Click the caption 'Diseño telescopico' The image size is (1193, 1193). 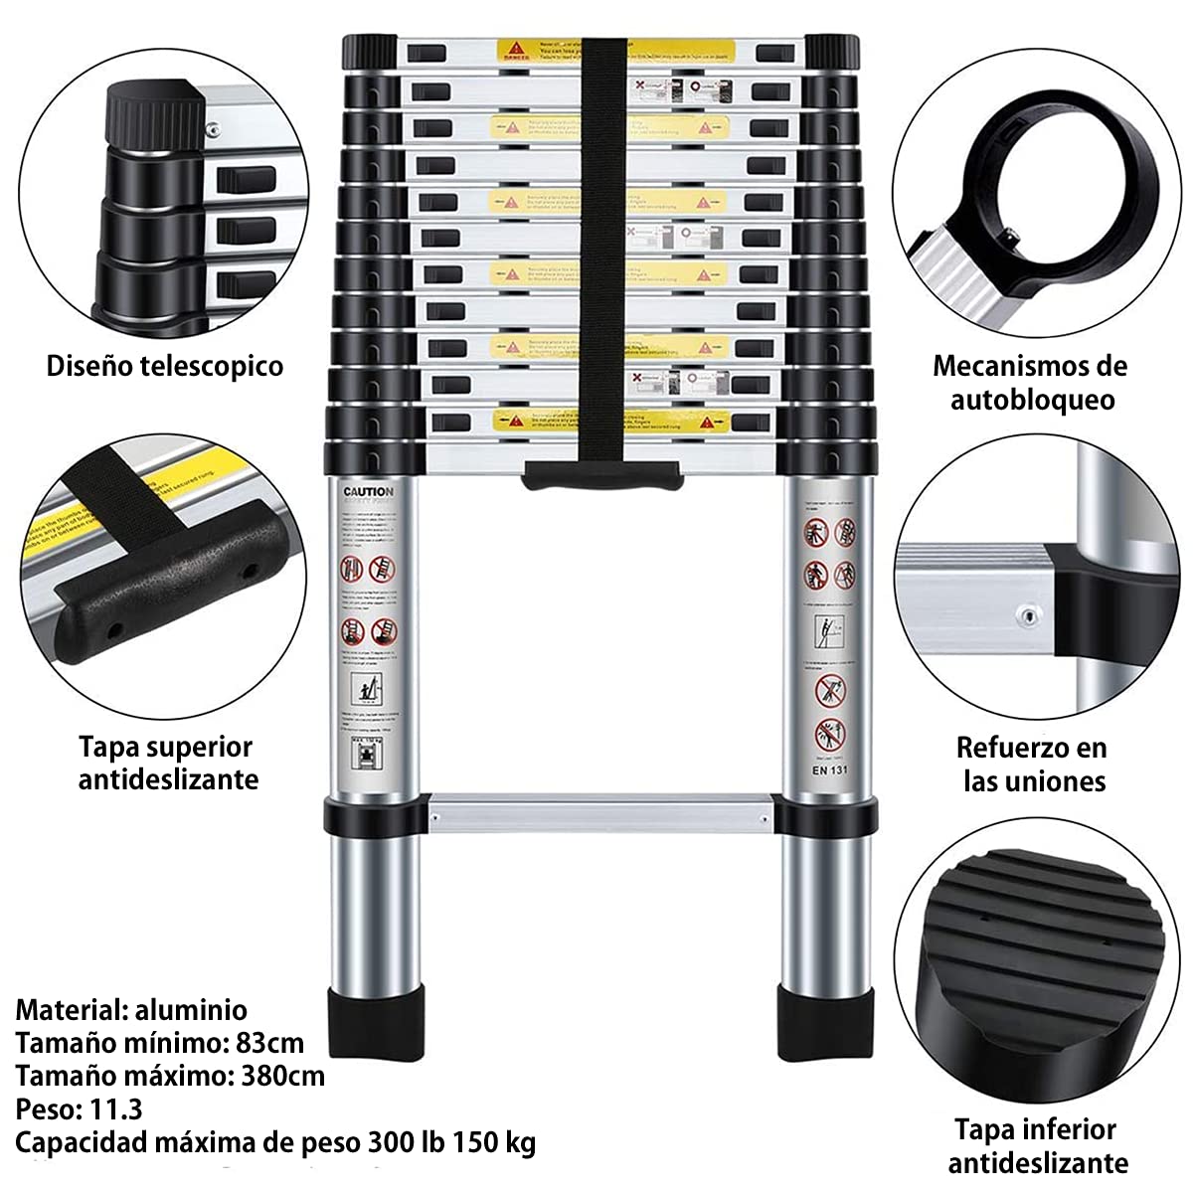(165, 366)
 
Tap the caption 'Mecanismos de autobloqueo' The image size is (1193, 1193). (1030, 383)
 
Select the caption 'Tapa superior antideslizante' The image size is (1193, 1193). (167, 763)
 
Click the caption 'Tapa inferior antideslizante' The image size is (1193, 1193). (1036, 1145)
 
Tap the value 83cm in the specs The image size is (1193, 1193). (270, 1043)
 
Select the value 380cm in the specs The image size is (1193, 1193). (282, 1076)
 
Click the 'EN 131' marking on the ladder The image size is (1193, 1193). (829, 767)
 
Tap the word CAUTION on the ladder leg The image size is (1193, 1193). (368, 492)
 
